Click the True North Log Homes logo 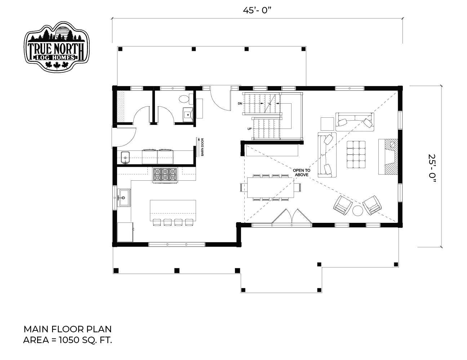coord(57,46)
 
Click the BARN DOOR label coord(203,147)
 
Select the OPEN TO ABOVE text coord(302,172)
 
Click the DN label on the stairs coord(240,103)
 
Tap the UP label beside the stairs coord(249,129)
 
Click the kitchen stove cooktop coord(165,175)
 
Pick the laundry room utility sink coord(125,157)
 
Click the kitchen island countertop coord(173,210)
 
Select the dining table coord(271,187)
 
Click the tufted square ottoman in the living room coord(356,154)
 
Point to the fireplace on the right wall coord(388,157)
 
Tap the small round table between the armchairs coord(357,211)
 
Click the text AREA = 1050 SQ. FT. coord(67,340)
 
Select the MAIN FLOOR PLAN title coord(67,329)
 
